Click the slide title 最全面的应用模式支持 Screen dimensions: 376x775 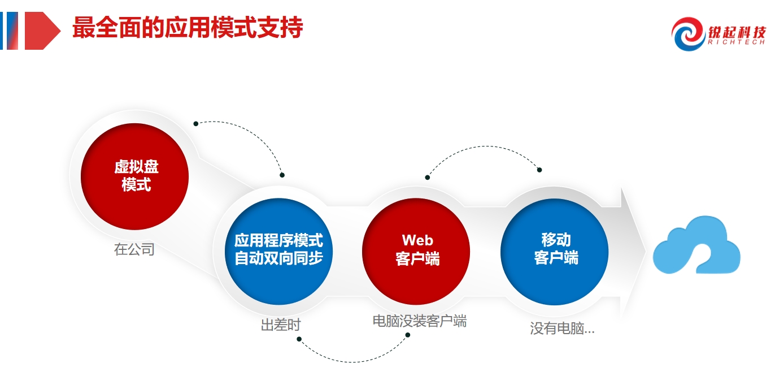(x=188, y=28)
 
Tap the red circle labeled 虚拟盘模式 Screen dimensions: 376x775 (x=135, y=176)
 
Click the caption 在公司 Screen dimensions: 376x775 (x=134, y=249)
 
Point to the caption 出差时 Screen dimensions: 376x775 (x=281, y=325)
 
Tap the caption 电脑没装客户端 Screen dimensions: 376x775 (x=420, y=321)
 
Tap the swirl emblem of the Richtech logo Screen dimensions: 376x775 (x=689, y=33)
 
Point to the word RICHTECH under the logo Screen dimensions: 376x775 (x=737, y=42)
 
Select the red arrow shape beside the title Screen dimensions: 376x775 (x=42, y=31)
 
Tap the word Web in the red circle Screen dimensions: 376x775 (x=417, y=240)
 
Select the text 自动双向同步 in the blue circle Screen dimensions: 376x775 (x=278, y=258)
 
